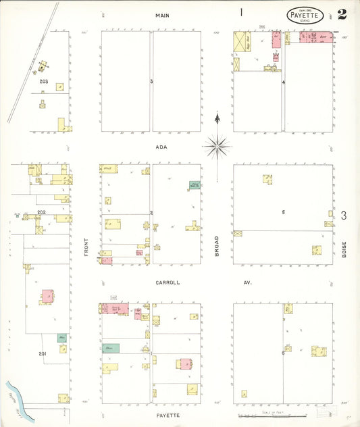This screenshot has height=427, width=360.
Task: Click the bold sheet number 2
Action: tap(342, 14)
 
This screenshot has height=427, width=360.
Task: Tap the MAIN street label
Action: tap(161, 15)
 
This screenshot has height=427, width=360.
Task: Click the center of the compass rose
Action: tap(217, 144)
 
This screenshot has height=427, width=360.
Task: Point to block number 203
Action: tap(45, 81)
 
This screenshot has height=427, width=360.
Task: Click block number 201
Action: tap(42, 353)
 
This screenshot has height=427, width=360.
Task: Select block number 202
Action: tap(41, 212)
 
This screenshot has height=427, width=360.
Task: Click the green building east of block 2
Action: tap(195, 184)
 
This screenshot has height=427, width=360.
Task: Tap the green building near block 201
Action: tap(62, 337)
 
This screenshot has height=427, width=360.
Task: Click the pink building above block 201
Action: tap(47, 296)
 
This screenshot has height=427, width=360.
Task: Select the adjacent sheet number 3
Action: tap(344, 216)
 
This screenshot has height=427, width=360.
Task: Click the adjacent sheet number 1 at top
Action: tap(240, 12)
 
